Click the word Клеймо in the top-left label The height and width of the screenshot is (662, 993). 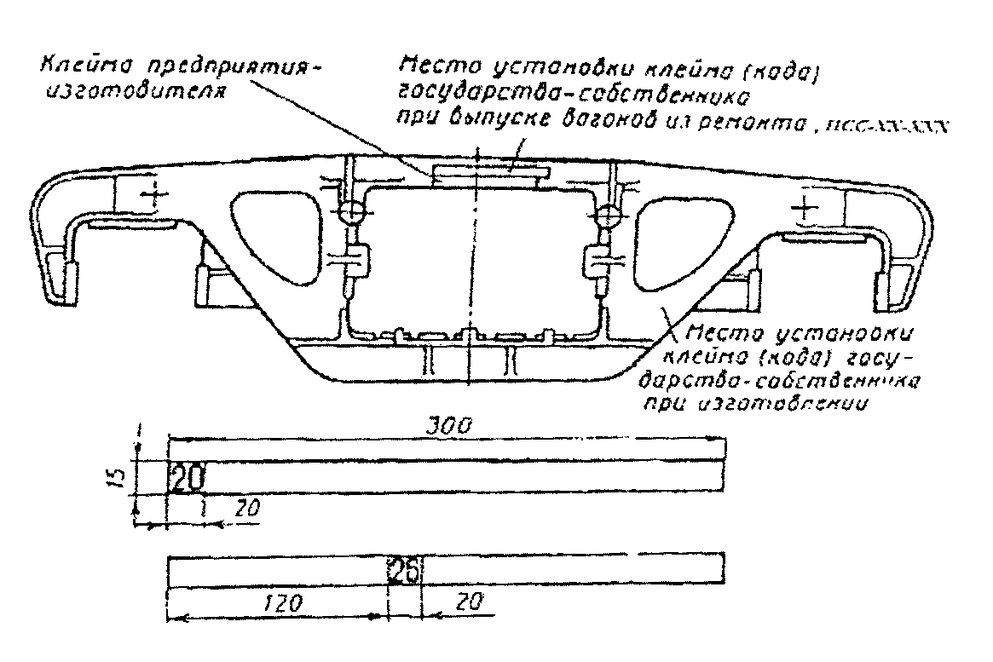[x=73, y=66]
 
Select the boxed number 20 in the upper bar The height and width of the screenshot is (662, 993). [x=187, y=478]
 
